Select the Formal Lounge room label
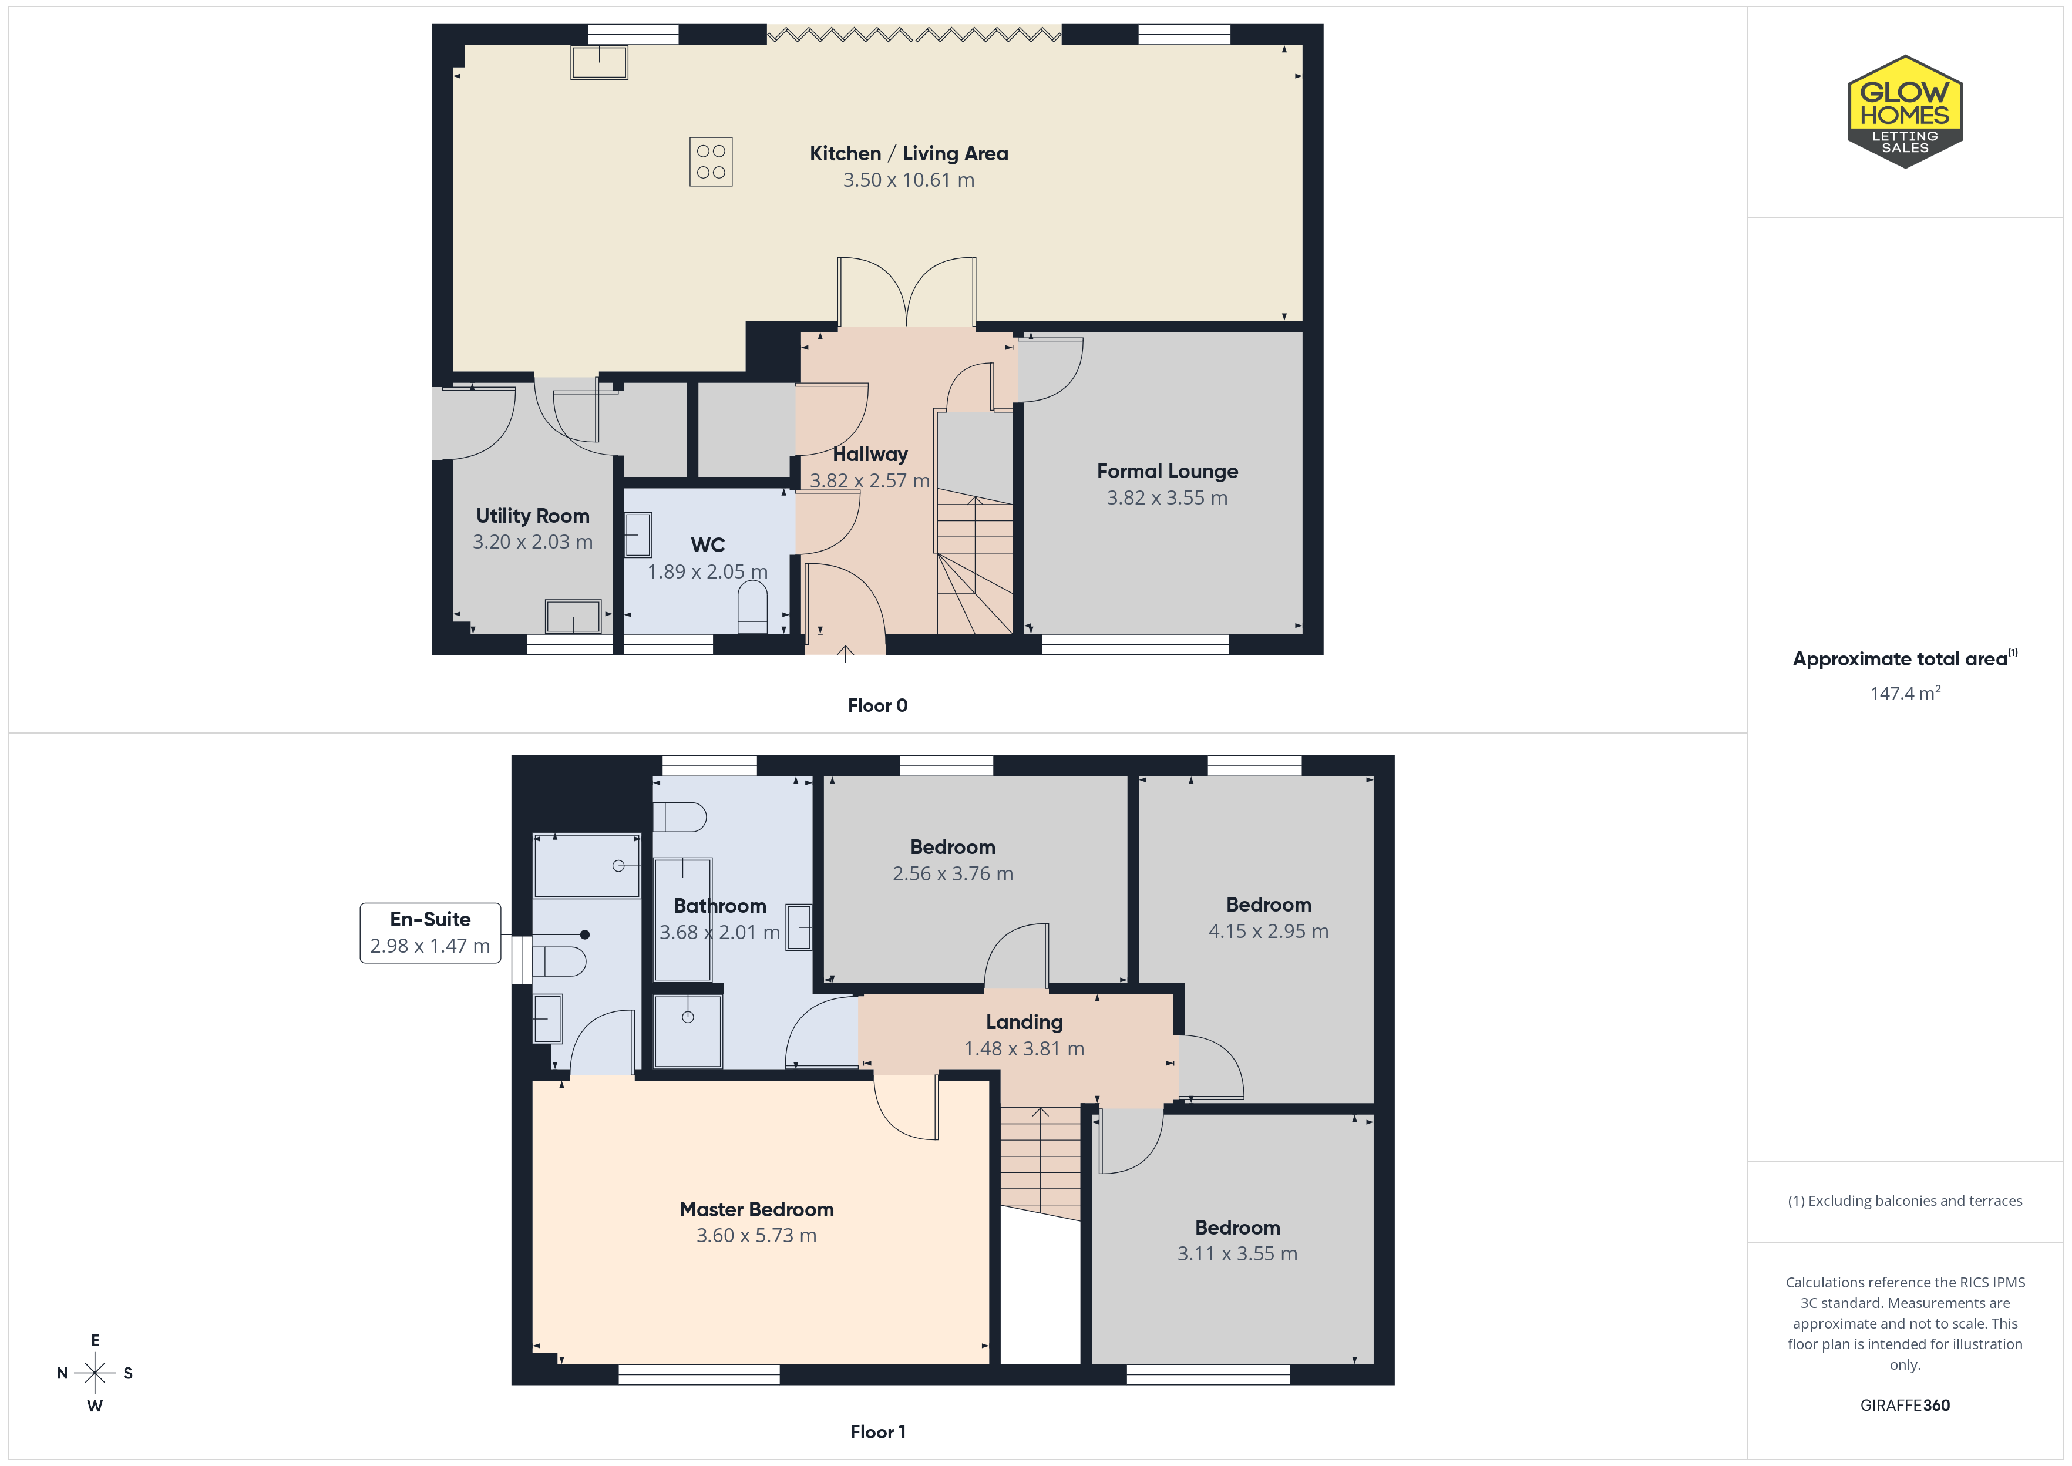[1167, 471]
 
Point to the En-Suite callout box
[430, 933]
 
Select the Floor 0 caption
[877, 705]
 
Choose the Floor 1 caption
[877, 1432]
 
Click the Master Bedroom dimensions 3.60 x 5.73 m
[756, 1235]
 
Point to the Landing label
[1024, 1022]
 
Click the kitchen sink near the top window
[599, 62]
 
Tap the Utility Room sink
[573, 617]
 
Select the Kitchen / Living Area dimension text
[909, 180]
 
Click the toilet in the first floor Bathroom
[680, 817]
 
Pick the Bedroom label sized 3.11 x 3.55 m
[1237, 1228]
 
